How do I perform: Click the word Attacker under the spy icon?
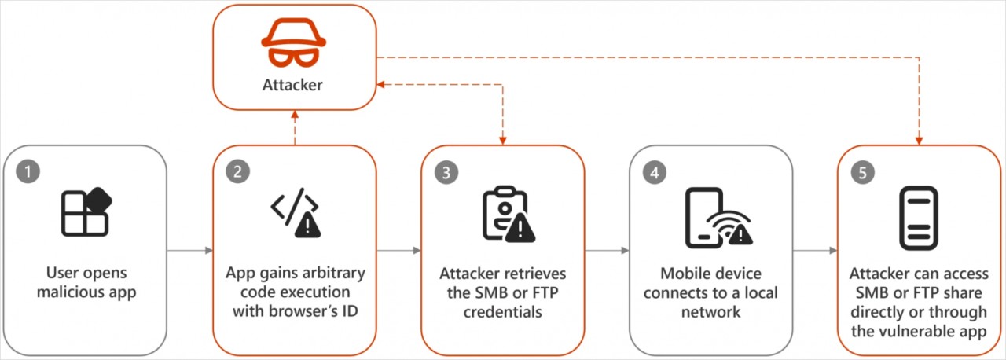click(x=292, y=85)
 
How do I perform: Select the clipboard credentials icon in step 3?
click(x=503, y=213)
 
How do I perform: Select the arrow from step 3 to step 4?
click(x=607, y=251)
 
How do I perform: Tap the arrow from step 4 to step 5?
click(x=815, y=251)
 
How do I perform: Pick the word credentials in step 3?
click(x=503, y=313)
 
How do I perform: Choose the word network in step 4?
click(x=711, y=313)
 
